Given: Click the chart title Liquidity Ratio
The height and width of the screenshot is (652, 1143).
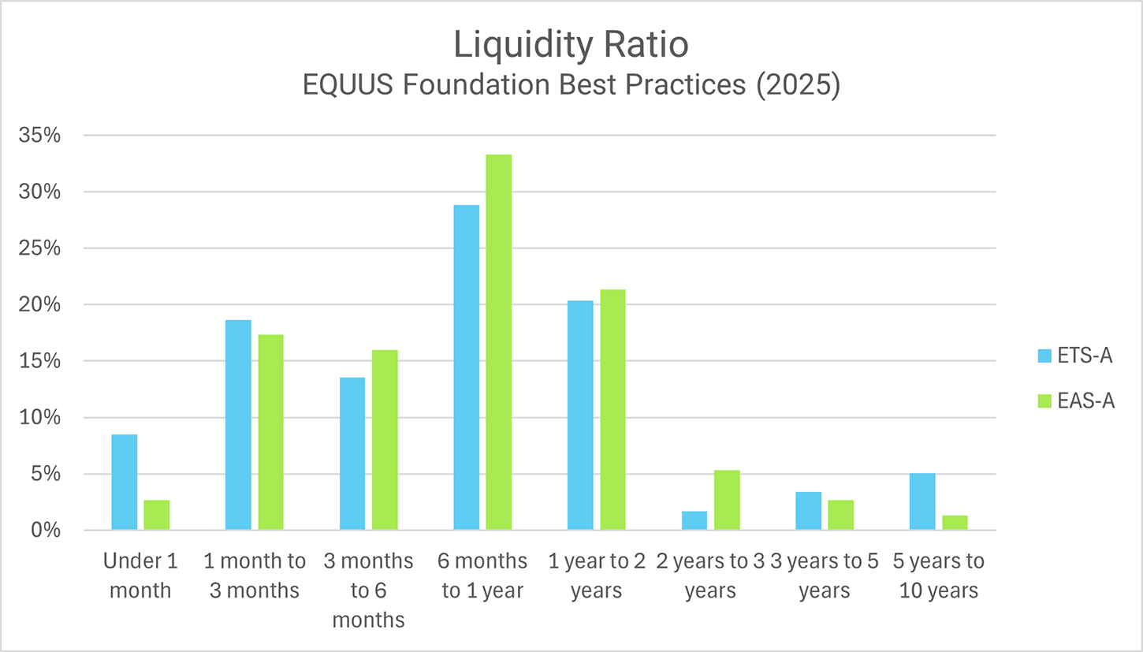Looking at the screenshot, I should pos(571,46).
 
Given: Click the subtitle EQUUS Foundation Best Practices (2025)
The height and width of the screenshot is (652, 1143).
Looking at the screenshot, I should pos(571,84).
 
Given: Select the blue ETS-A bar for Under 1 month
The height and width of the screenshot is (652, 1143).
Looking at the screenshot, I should pos(125,482).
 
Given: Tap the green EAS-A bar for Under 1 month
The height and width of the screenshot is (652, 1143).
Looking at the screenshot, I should pos(156,515).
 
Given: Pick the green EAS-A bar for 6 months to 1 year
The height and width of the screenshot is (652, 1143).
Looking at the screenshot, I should pos(498,342).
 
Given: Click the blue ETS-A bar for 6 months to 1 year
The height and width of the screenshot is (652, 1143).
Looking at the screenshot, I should pos(466,367).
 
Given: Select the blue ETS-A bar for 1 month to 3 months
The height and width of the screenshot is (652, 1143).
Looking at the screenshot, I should pos(238,425).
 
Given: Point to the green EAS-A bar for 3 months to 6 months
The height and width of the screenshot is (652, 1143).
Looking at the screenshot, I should pos(385,440).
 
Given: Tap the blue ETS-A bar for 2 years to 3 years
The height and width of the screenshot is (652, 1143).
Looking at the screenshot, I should pos(694,520).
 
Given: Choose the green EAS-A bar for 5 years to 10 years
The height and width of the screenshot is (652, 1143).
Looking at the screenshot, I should pos(955,523).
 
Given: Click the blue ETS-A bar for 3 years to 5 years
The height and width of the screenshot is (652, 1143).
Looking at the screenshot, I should pos(808,511).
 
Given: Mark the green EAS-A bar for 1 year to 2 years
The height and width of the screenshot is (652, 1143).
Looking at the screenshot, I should pos(612,410).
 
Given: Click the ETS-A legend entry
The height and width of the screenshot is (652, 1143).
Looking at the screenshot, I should pos(1075,356).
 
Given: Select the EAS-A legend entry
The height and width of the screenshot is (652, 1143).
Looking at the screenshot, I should pos(1075,401).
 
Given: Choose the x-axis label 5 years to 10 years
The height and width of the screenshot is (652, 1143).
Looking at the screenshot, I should pos(939,576).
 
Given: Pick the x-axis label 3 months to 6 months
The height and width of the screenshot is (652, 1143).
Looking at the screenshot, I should pos(368,590).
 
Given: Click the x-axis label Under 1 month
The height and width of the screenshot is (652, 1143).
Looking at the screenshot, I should pos(140,576).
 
